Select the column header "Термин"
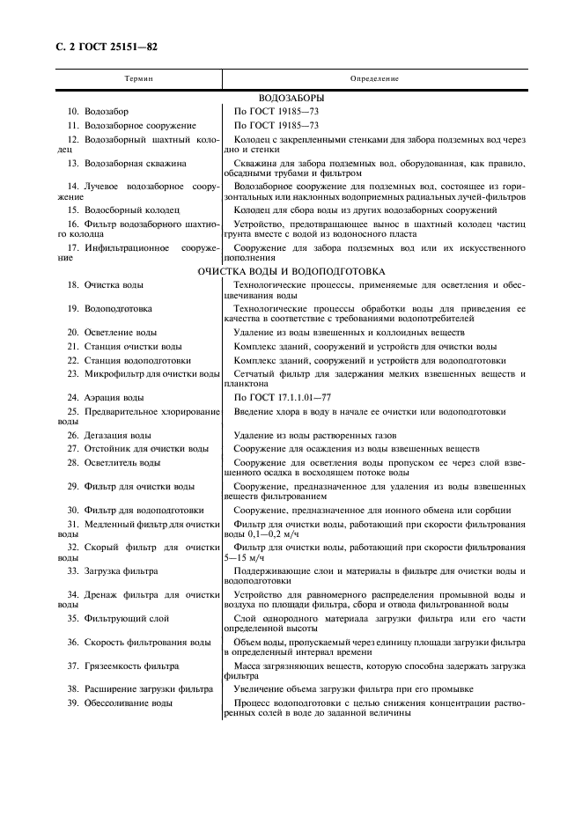139,78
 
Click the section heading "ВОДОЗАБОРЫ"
291,98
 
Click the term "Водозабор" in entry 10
107,112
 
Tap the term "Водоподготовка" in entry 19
118,309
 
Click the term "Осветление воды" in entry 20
121,333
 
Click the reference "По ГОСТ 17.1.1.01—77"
284,398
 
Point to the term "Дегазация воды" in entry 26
118,435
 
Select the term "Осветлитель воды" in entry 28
122,461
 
